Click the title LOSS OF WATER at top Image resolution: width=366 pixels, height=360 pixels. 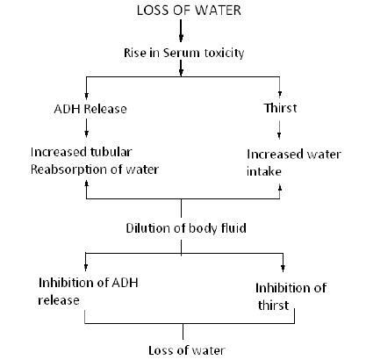point(182,11)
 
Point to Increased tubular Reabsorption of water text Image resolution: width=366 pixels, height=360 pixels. point(85,160)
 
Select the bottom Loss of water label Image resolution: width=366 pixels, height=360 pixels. point(181,349)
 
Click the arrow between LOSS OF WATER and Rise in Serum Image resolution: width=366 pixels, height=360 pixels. point(182,32)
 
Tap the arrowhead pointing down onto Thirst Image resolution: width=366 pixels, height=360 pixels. point(279,97)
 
